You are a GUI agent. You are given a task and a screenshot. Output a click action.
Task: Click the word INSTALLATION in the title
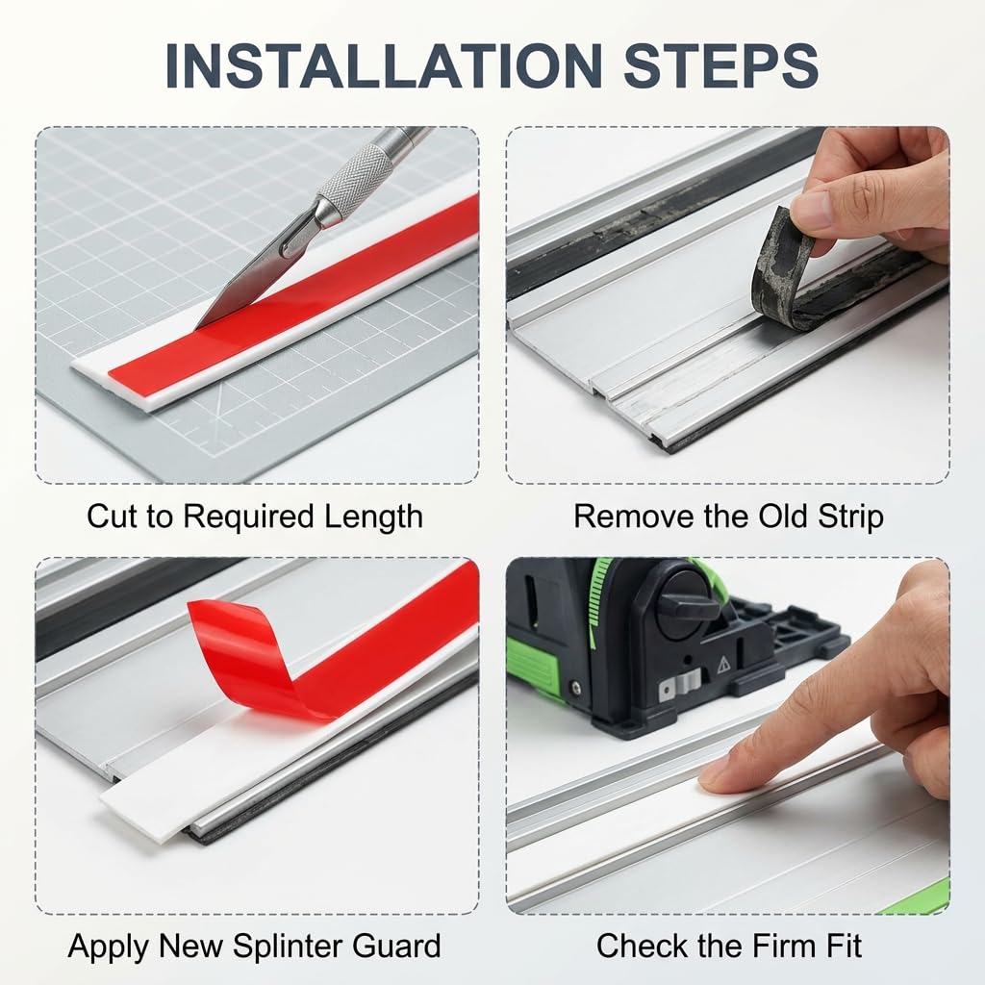tap(384, 66)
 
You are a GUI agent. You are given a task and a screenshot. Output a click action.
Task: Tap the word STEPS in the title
tap(720, 66)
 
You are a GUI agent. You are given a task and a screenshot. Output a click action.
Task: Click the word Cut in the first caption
tap(112, 517)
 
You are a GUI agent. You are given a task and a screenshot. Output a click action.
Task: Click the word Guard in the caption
tap(396, 947)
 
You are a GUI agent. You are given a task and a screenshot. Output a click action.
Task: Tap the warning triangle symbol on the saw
tap(723, 664)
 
